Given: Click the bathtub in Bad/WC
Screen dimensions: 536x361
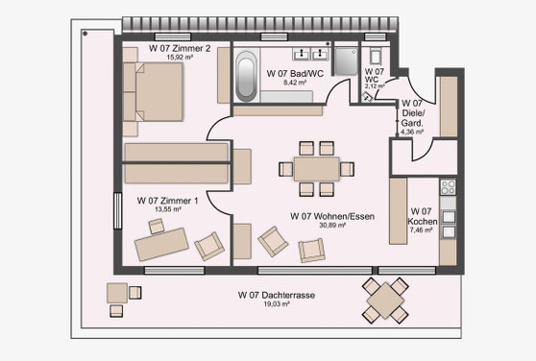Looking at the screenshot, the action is click(246, 76).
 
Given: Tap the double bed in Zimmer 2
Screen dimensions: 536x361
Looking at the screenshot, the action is click(153, 91).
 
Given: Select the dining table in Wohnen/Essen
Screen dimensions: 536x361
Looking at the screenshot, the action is click(317, 169).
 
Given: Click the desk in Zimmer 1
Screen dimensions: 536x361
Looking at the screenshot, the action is click(161, 244).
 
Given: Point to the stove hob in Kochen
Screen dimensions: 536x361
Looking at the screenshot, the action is click(448, 187).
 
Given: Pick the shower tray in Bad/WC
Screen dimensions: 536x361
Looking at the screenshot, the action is click(346, 61).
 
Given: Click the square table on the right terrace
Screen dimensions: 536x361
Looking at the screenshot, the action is click(385, 301).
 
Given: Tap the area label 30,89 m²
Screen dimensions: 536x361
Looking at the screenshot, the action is click(332, 226).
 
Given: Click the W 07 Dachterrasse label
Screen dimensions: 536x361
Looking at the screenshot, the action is click(277, 295).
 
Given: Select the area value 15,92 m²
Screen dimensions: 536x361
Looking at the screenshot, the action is click(180, 58).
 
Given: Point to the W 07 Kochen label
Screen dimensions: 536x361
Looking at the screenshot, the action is click(423, 216).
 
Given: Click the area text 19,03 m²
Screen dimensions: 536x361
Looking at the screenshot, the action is click(277, 304).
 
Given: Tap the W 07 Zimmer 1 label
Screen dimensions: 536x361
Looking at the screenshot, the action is click(167, 201).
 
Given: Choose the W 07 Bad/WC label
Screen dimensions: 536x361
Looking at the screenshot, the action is click(295, 73).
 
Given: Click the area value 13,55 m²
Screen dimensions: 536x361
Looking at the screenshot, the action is click(168, 209).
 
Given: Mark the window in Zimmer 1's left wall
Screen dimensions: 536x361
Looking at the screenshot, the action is click(117, 210).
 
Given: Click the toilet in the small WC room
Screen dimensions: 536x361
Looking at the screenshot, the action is click(375, 57).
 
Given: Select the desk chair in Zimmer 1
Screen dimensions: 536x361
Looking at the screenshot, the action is click(157, 226).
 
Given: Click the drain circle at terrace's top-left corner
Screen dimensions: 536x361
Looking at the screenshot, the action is click(85, 34).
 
